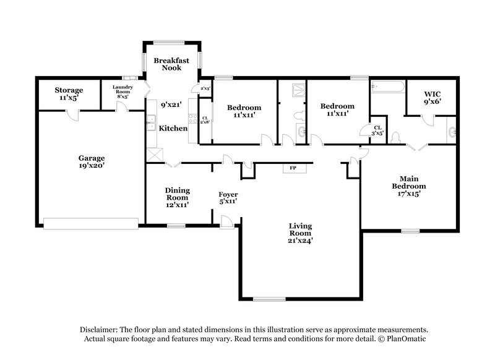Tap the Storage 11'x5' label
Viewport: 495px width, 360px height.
pos(68,94)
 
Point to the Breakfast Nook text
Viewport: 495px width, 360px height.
pos(167,64)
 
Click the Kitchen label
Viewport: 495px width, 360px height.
pos(173,128)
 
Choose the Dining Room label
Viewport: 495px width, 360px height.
pos(177,197)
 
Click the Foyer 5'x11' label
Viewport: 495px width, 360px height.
pos(228,198)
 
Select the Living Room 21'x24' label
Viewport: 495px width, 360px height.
pos(299,233)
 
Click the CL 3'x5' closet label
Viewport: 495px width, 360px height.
pos(377,130)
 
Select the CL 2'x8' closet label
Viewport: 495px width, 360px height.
pos(205,119)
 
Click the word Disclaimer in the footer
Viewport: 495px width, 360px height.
pos(100,330)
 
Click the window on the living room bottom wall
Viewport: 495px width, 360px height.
pos(270,300)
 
